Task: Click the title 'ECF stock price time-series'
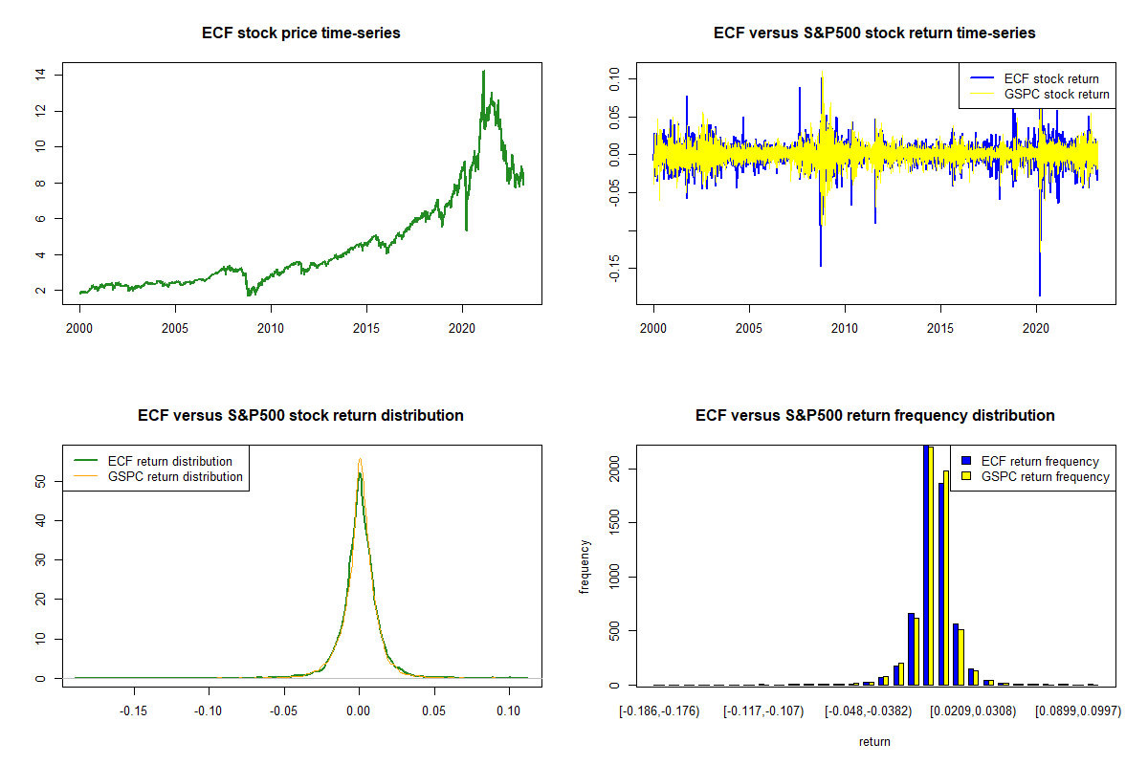301,33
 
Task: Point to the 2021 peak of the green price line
483,71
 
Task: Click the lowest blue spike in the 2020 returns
1040,295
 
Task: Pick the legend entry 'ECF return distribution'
170,461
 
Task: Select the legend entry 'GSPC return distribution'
175,476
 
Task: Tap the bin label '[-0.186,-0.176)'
659,710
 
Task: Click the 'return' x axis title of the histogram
874,741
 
